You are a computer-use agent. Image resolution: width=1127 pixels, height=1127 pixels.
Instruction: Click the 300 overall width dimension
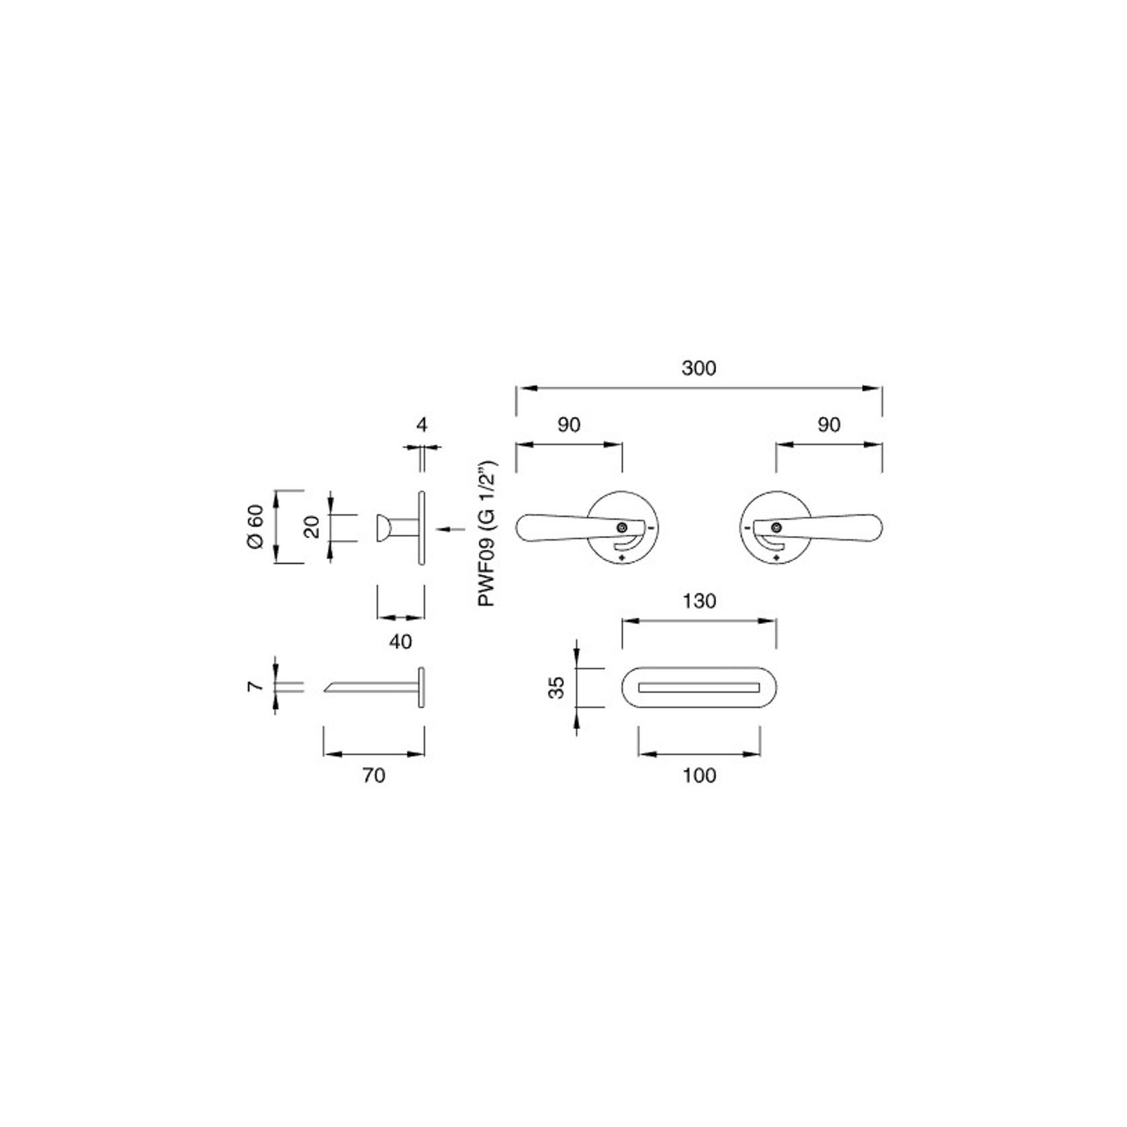pos(699,368)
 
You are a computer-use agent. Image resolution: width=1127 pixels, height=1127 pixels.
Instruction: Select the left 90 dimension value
pos(569,425)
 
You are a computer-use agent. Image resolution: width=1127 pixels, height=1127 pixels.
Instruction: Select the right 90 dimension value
pos(828,425)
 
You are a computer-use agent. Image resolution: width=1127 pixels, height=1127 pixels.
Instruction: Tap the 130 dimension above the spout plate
pos(699,600)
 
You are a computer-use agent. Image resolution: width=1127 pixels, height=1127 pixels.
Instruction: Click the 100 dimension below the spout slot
pos(699,775)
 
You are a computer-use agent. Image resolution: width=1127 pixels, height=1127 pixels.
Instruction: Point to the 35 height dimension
pos(557,688)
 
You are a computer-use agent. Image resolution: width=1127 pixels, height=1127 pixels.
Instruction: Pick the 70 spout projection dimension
pos(374,775)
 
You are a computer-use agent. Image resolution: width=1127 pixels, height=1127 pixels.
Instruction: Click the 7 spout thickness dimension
pos(254,687)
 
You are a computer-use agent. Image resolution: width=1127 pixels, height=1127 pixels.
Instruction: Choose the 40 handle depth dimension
pos(401,641)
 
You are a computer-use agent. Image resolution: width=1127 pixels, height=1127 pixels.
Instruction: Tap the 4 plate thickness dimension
pos(422,425)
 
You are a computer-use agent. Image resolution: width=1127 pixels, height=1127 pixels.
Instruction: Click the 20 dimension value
pos(312,527)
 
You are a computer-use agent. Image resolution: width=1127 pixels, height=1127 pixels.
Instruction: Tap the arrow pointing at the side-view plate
pos(450,530)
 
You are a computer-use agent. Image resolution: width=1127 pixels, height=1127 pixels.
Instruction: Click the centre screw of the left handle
pos(622,527)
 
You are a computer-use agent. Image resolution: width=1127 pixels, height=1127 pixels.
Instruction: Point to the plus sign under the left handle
pos(622,558)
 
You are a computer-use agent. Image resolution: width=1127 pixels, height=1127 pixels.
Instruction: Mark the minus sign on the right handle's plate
pos(748,528)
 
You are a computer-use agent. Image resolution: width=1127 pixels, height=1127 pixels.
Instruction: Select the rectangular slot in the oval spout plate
pos(699,688)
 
